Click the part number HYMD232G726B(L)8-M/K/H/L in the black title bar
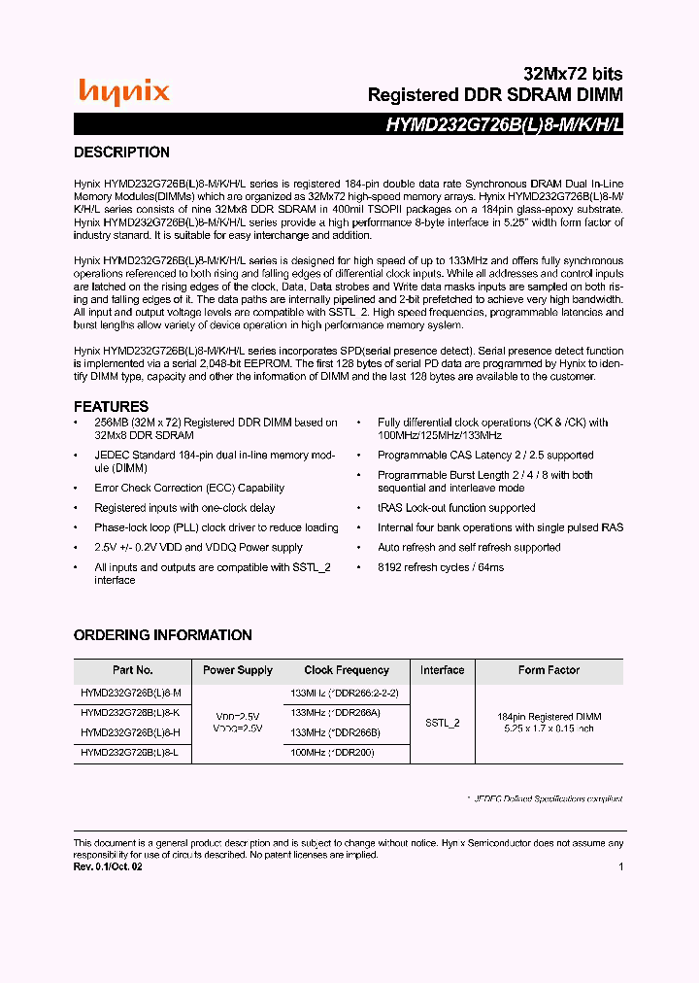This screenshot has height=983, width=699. tap(505, 124)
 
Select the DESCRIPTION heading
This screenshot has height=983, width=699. tap(121, 153)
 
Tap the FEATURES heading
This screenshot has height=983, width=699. tap(111, 406)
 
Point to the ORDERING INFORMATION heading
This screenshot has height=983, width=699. tap(162, 635)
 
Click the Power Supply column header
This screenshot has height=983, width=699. tap(238, 670)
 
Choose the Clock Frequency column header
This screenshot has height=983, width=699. tap(347, 670)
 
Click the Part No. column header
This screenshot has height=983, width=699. tap(132, 670)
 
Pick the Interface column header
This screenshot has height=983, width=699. tap(442, 670)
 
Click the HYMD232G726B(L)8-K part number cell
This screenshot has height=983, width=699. tap(130, 713)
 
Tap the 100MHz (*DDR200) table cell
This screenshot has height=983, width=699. tap(333, 753)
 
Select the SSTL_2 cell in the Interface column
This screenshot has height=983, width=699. tap(442, 723)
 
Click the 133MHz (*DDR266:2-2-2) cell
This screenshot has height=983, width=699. tap(345, 694)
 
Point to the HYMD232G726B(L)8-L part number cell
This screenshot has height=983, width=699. tap(130, 753)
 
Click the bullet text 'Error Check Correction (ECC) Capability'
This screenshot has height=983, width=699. tap(189, 489)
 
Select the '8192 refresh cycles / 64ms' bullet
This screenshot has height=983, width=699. tap(441, 567)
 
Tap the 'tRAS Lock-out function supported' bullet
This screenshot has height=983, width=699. tap(456, 508)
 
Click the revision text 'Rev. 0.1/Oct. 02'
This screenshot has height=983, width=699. tap(109, 867)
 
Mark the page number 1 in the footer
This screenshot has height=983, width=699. tap(620, 867)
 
